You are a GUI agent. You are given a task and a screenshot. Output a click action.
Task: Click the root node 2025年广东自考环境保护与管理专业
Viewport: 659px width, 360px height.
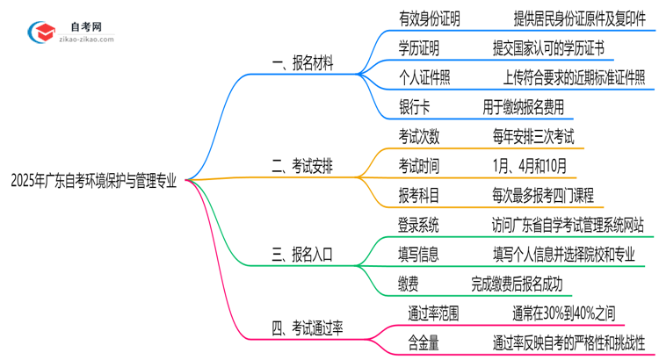pos(93,182)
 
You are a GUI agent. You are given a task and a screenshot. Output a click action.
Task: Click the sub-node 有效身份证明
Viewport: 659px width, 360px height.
pos(429,18)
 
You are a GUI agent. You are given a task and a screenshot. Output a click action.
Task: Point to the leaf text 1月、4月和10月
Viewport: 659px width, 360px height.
pos(530,166)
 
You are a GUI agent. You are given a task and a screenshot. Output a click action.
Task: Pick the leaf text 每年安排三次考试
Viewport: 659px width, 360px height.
pos(533,136)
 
